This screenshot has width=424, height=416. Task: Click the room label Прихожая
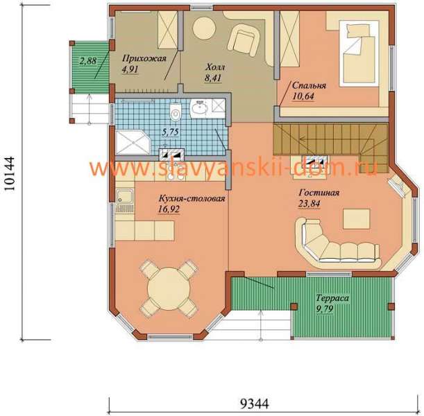[144, 59]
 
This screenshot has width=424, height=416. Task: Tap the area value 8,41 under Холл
[213, 78]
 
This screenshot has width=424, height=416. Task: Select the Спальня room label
[309, 86]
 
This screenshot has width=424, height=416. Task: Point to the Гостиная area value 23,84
[309, 203]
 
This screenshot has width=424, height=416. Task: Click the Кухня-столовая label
[192, 198]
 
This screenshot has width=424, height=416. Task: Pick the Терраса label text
[332, 298]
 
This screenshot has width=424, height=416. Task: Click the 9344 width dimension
[255, 404]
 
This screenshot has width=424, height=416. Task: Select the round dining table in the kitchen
[169, 288]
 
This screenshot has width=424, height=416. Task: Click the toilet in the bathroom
[176, 112]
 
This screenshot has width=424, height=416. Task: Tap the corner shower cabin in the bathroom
[133, 142]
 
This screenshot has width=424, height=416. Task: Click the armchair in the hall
[244, 40]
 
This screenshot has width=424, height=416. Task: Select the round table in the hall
[204, 28]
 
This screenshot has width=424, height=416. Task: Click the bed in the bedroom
[359, 53]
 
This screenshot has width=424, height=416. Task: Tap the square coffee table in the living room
[357, 219]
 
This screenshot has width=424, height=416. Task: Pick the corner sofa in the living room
[335, 244]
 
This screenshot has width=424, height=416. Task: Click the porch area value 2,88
[88, 60]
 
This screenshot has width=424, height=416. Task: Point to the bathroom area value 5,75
[170, 132]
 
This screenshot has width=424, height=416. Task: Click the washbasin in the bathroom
[199, 109]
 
